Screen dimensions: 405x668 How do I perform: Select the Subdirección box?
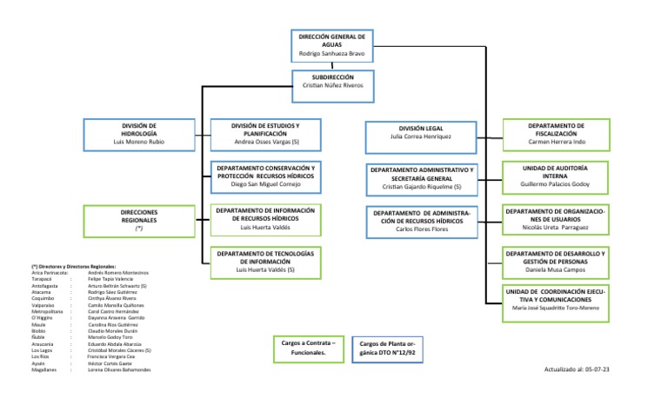point(331,81)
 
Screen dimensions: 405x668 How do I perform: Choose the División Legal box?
point(421,132)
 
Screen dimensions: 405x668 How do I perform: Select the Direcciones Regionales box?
point(138,220)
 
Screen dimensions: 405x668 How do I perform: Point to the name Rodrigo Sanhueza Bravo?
point(331,54)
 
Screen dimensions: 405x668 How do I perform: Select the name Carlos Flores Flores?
point(421,229)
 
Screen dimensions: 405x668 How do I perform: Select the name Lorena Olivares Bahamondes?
point(119,369)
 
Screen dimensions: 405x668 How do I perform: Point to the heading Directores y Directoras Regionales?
point(73,266)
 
